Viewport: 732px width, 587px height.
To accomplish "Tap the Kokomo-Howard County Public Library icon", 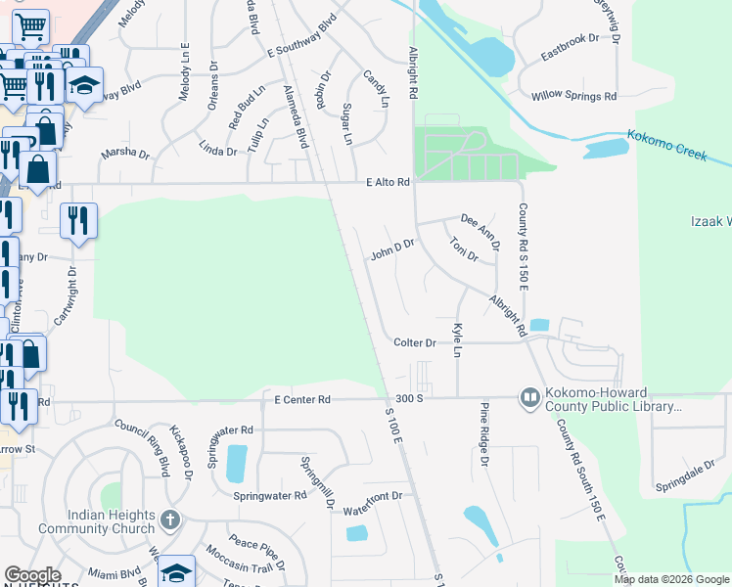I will click(529, 398).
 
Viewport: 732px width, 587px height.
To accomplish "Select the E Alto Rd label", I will click(387, 182).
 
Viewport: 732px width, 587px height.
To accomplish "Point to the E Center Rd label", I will click(303, 399).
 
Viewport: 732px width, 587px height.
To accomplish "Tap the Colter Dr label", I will click(414, 343).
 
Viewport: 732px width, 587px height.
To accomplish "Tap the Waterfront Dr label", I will click(373, 497).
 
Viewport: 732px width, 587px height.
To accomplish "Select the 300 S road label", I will click(409, 399).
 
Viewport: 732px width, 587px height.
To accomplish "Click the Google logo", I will click(32, 575).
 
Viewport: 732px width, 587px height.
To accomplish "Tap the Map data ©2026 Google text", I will click(670, 579).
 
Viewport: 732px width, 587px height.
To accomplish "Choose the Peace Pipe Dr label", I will click(257, 548).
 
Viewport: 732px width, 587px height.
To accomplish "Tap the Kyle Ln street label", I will click(456, 339).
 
